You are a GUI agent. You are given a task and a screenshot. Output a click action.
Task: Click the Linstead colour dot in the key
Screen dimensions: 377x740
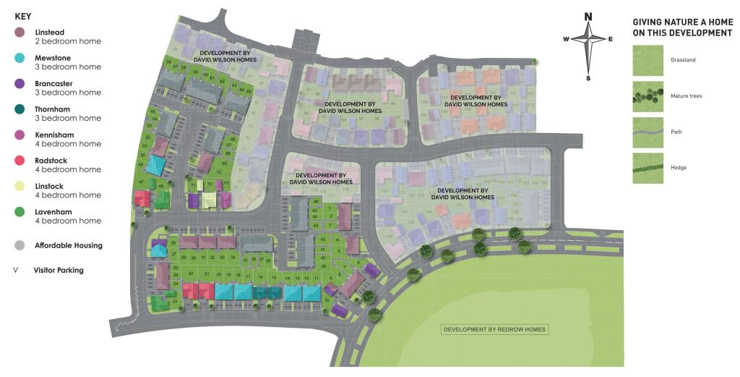pyautogui.click(x=20, y=33)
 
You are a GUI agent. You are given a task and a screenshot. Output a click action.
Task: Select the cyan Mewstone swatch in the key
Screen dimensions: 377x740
pyautogui.click(x=20, y=58)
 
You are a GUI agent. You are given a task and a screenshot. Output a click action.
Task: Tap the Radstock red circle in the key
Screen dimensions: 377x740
pyautogui.click(x=20, y=161)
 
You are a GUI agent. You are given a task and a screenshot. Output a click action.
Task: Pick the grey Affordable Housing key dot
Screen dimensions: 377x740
pyautogui.click(x=20, y=245)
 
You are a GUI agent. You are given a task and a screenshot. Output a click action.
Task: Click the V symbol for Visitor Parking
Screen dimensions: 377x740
pyautogui.click(x=16, y=270)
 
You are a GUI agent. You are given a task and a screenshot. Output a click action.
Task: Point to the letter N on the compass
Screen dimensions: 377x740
pyautogui.click(x=588, y=17)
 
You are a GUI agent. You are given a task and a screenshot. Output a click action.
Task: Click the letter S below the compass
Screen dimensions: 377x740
pyautogui.click(x=588, y=77)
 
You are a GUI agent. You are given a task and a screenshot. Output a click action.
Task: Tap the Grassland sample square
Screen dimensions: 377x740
pyautogui.click(x=647, y=59)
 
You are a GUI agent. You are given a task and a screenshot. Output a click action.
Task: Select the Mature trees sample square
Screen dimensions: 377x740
pyautogui.click(x=647, y=96)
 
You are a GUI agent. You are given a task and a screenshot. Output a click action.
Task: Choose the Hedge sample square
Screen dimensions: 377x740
pyautogui.click(x=647, y=167)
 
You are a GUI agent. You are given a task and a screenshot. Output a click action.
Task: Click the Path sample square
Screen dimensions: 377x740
pyautogui.click(x=647, y=132)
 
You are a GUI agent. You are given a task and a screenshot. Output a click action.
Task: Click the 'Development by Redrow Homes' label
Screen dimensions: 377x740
pyautogui.click(x=495, y=330)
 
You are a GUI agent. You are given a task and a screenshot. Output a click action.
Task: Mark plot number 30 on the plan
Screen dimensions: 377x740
pyautogui.click(x=194, y=257)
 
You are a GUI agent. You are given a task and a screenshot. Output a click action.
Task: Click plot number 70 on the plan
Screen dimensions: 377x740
pyautogui.click(x=219, y=172)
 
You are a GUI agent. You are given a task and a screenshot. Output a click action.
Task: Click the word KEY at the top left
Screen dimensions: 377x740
pyautogui.click(x=23, y=15)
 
